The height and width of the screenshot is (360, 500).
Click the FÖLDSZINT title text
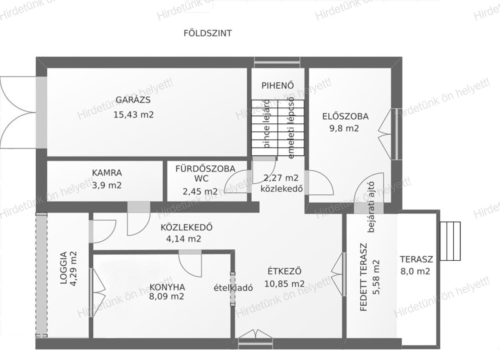pos(207,33)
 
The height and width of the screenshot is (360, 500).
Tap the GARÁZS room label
pos(133,100)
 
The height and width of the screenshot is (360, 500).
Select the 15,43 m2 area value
pos(134,115)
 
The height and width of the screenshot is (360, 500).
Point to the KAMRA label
pos(107,172)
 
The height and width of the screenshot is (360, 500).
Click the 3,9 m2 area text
pos(107,185)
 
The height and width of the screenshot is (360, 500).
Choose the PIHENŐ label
pos(277,85)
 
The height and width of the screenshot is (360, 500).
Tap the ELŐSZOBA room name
pos(345,117)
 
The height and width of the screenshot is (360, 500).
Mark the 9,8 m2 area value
pos(344,129)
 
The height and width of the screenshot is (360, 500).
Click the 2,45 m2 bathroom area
pos(200,192)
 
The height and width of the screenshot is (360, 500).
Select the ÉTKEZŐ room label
pos(285,271)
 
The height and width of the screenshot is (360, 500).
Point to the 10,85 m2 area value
pos(284,284)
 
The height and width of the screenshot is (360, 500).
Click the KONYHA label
pos(167,287)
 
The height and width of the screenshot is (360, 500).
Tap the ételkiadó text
pos(233,288)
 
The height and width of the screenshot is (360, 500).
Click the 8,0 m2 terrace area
pos(415,272)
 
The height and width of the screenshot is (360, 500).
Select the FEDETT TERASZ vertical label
pos(364,277)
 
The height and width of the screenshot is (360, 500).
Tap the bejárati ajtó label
pos(371,207)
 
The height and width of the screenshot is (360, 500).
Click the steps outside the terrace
pos(450,241)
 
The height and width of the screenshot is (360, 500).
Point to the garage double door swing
pos(18,112)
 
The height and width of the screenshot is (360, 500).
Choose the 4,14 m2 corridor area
pos(183,239)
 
